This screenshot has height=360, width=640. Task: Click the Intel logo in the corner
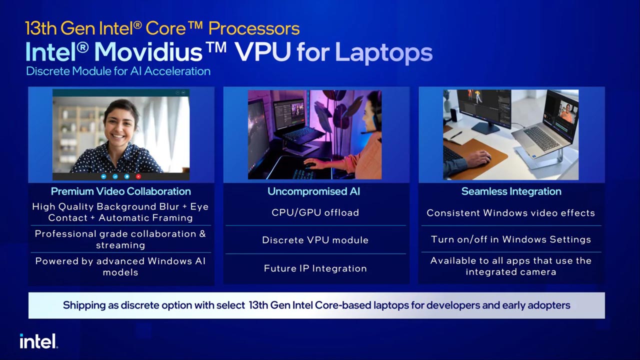click(38, 341)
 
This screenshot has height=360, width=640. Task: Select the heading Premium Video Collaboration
click(120, 191)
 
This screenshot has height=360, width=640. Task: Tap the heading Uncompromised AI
click(313, 191)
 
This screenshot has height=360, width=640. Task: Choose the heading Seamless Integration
click(511, 191)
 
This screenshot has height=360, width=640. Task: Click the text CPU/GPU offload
click(315, 212)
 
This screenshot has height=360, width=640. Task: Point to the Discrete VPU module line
click(315, 240)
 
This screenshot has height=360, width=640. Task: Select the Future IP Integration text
click(315, 268)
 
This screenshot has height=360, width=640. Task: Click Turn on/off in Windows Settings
click(511, 239)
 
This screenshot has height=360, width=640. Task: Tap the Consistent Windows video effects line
click(511, 213)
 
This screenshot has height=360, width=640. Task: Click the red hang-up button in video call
click(138, 176)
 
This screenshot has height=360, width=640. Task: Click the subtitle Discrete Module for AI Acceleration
click(118, 71)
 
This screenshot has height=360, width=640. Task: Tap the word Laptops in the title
click(383, 52)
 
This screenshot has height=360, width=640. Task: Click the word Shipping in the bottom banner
click(84, 305)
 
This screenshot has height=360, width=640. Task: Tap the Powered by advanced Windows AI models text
click(120, 266)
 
